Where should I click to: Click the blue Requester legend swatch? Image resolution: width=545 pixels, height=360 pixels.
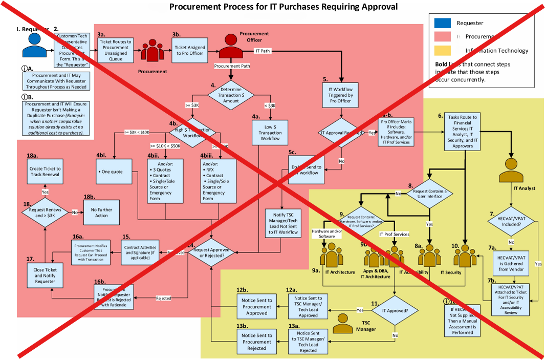[442, 23]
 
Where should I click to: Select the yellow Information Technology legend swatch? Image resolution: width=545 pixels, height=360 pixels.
[442, 50]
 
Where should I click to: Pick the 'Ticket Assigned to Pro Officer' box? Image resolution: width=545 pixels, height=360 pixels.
[190, 50]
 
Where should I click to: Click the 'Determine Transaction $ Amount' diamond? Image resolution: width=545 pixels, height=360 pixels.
[231, 95]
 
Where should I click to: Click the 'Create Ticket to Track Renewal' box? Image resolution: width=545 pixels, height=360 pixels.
[46, 172]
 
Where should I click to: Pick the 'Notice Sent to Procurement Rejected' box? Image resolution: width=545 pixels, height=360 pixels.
[257, 342]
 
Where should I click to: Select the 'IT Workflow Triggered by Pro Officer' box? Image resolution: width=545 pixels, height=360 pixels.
[340, 93]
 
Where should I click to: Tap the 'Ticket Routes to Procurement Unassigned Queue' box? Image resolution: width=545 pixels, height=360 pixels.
[115, 50]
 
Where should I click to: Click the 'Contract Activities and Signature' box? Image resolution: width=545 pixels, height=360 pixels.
[140, 251]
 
